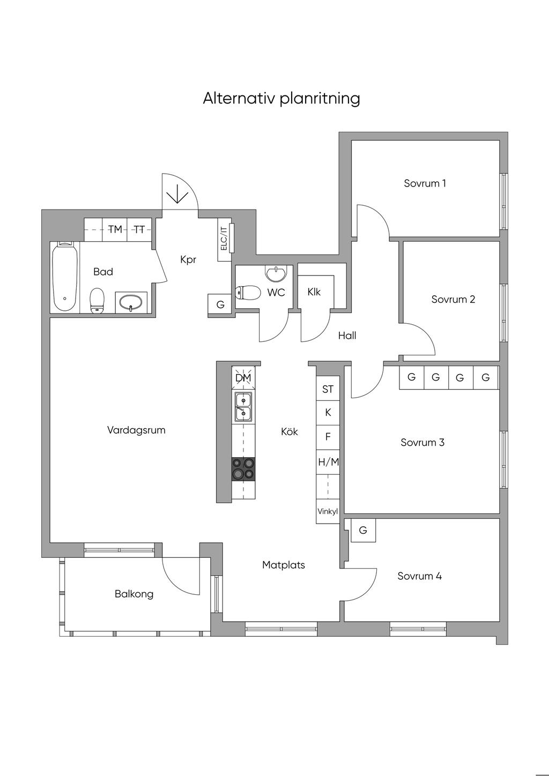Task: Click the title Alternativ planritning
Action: click(x=281, y=99)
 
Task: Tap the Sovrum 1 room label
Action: click(x=425, y=183)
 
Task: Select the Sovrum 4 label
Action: click(x=419, y=576)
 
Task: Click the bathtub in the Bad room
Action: click(x=65, y=277)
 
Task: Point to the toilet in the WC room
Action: click(x=248, y=293)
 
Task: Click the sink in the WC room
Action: click(x=276, y=273)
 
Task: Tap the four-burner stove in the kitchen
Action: click(x=243, y=469)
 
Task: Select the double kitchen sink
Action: click(x=243, y=407)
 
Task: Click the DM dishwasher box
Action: click(x=243, y=378)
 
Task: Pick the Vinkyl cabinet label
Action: click(x=328, y=511)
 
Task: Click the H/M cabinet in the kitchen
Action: click(x=328, y=462)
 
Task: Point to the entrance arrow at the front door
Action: click(x=177, y=194)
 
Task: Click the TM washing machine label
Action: click(x=115, y=229)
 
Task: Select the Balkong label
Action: click(x=134, y=594)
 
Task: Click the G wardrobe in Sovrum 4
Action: click(x=363, y=530)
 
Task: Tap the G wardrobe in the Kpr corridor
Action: click(x=220, y=304)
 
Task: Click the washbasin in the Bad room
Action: click(x=131, y=303)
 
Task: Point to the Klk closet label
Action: click(x=314, y=292)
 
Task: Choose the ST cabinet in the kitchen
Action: click(x=328, y=389)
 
